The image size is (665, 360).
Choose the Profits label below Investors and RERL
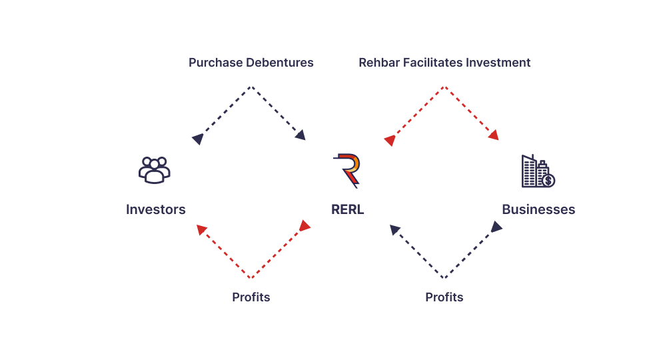tap(251, 297)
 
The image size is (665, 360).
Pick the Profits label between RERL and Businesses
tap(444, 297)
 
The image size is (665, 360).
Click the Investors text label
tap(156, 209)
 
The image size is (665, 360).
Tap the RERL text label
tap(347, 209)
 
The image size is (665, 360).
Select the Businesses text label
tap(538, 209)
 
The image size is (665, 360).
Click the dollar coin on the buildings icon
tap(548, 181)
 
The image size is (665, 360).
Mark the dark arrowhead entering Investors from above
tap(197, 139)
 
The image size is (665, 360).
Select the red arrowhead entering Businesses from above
tap(493, 135)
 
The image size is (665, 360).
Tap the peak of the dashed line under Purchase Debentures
tap(251, 87)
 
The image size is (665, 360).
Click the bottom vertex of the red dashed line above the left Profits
tap(251, 277)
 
